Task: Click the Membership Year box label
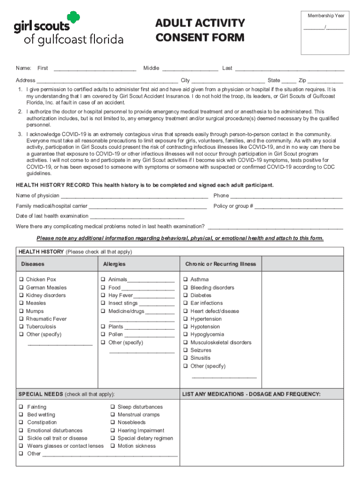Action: (326, 16)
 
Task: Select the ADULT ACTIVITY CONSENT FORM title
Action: (200, 30)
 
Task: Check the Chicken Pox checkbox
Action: (22, 280)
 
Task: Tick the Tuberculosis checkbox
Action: (22, 327)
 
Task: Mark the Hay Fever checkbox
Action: (104, 296)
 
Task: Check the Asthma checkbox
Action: (186, 280)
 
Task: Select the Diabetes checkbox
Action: (186, 296)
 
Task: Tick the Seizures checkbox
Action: (186, 350)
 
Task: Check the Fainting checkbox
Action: (22, 407)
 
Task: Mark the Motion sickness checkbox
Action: (113, 446)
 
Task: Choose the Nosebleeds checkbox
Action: (113, 423)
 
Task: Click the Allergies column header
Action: (114, 264)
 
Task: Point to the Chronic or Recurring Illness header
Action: (220, 264)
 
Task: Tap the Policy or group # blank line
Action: (299, 207)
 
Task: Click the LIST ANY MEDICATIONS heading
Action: (252, 394)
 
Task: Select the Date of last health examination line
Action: (137, 217)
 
